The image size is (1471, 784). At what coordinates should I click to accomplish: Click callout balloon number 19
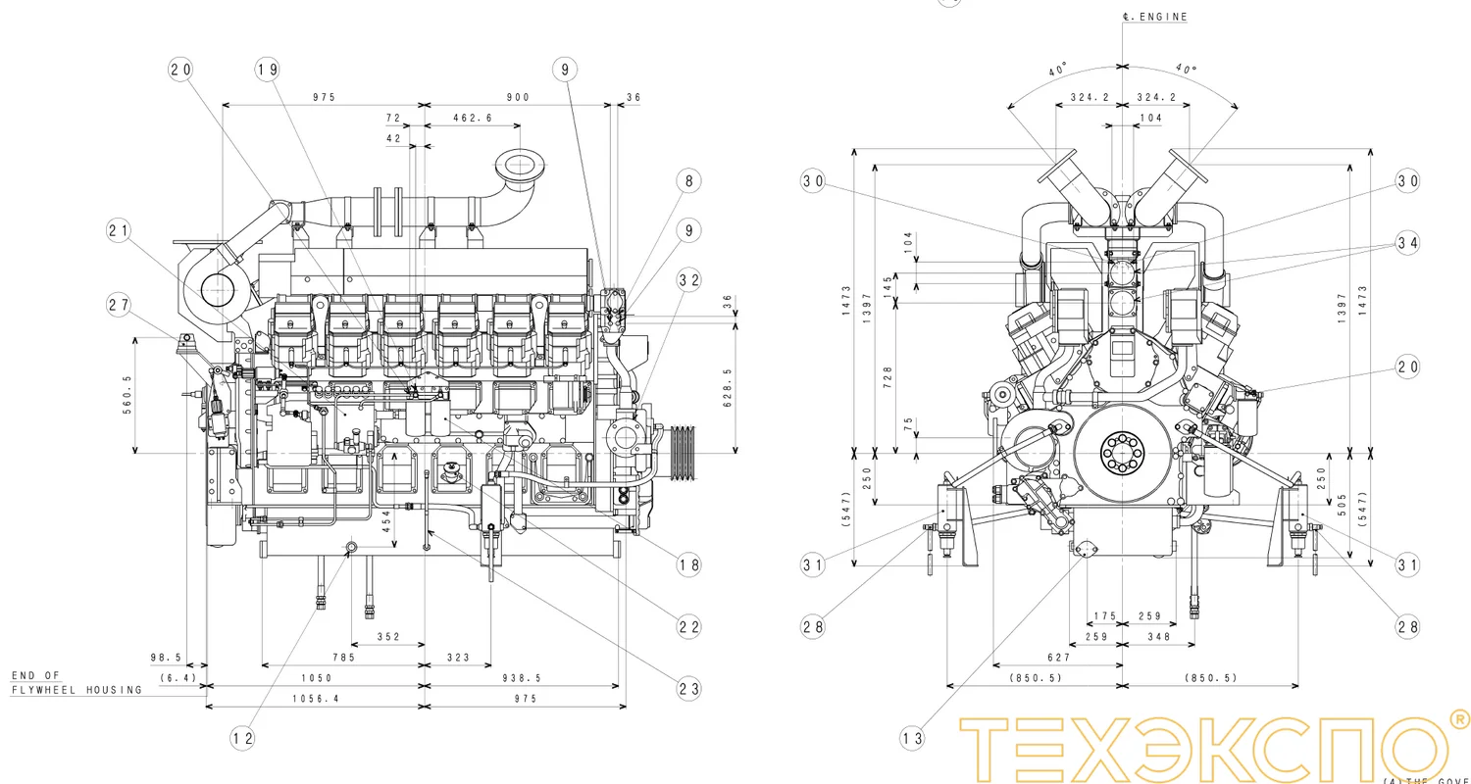[x=268, y=69]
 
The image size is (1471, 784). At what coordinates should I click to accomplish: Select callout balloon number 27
[x=120, y=305]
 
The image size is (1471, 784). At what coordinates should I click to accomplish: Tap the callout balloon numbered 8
[x=689, y=180]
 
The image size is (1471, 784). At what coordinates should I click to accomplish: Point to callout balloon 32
[x=689, y=279]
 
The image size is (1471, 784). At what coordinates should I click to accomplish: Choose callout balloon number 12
[x=242, y=737]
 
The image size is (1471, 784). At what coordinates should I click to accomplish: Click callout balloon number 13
[x=913, y=738]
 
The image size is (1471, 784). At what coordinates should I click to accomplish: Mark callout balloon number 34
[x=1408, y=243]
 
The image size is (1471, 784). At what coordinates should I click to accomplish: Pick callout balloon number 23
[x=689, y=688]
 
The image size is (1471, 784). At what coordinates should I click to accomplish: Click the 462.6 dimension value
[x=473, y=119]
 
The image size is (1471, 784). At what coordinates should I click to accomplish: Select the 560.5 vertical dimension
[x=127, y=395]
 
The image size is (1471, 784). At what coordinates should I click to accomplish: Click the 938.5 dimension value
[x=519, y=678]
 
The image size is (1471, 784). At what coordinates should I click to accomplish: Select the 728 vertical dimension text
[x=888, y=376]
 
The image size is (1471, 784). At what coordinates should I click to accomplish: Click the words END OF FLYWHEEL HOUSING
[x=76, y=683]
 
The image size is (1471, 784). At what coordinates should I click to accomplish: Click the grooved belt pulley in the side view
[x=685, y=453]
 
